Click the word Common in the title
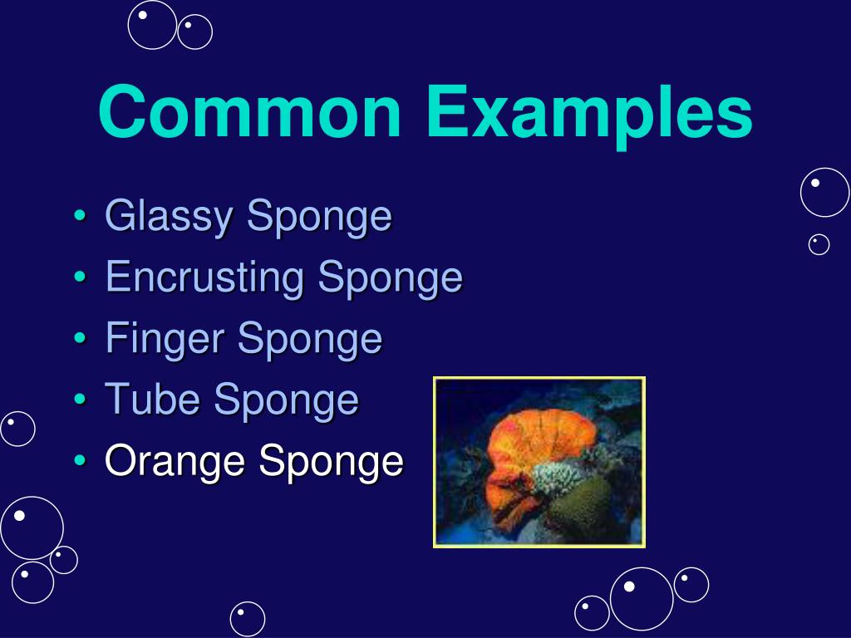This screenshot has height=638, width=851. pyautogui.click(x=249, y=113)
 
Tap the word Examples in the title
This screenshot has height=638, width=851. pyautogui.click(x=589, y=113)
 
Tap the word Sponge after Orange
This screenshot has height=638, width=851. pyautogui.click(x=331, y=462)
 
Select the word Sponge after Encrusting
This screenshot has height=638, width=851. pyautogui.click(x=390, y=278)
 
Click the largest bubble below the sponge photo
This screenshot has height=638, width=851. pyautogui.click(x=642, y=598)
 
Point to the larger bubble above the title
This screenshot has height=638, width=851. pyautogui.click(x=152, y=24)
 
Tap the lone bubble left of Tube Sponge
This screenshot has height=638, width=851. pyautogui.click(x=17, y=429)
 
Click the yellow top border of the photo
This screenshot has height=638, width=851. pyautogui.click(x=539, y=378)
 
